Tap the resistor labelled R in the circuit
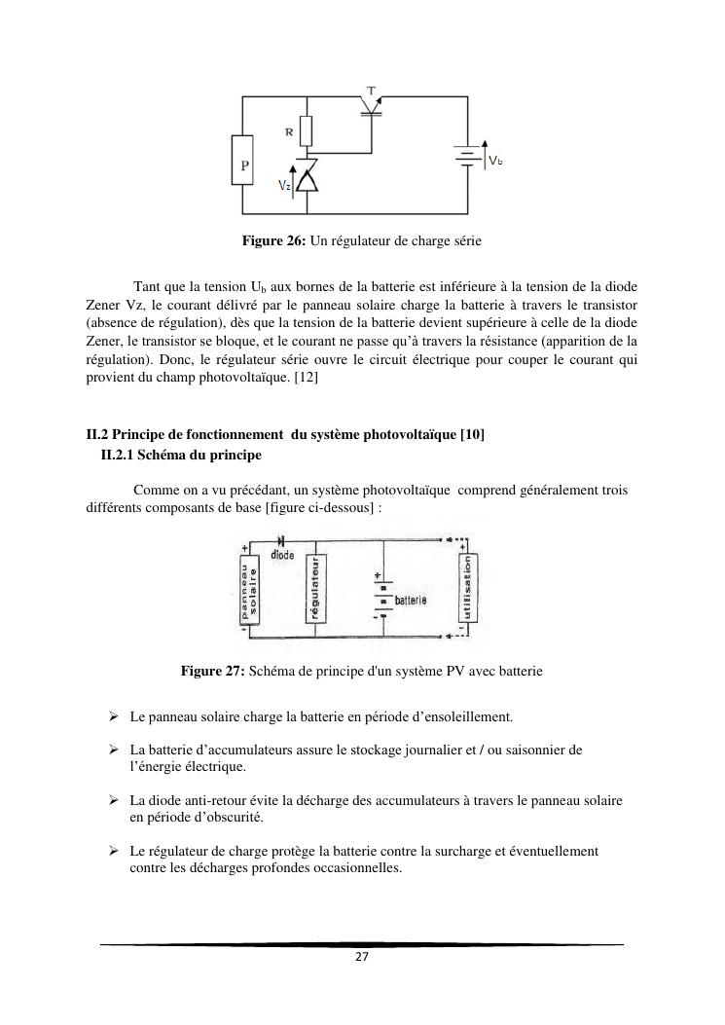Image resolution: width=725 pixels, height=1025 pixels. (308, 130)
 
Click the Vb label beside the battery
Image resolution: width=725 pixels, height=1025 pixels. (495, 161)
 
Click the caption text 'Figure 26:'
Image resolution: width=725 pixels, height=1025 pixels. (274, 239)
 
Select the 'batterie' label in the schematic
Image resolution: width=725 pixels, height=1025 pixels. (412, 602)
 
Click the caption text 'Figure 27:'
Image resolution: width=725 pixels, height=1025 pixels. (213, 671)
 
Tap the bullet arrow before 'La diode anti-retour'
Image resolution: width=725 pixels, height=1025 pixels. (114, 800)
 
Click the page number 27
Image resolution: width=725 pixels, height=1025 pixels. (361, 957)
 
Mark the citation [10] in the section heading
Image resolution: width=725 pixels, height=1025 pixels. (472, 435)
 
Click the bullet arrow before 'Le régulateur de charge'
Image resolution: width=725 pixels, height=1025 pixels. (114, 852)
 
